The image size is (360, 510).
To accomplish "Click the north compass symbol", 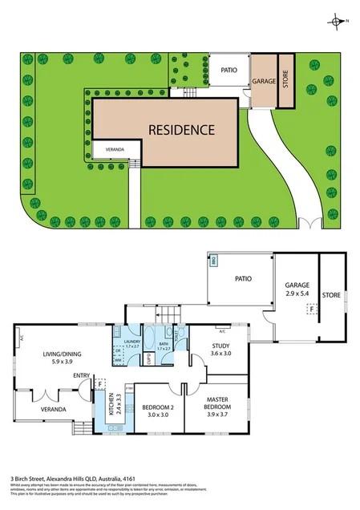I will click(337, 22).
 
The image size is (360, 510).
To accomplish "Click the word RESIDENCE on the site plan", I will click(180, 129).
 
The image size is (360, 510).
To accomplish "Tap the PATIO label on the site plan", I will click(230, 71).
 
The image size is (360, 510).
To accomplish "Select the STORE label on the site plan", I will click(285, 81).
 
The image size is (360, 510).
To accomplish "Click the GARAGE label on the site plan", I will click(264, 82).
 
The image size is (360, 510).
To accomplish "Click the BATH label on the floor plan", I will click(164, 343).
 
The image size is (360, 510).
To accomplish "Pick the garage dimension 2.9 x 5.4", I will click(297, 294).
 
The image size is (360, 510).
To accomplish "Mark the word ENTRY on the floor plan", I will click(80, 375).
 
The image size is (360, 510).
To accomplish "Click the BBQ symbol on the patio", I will click(214, 261).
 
